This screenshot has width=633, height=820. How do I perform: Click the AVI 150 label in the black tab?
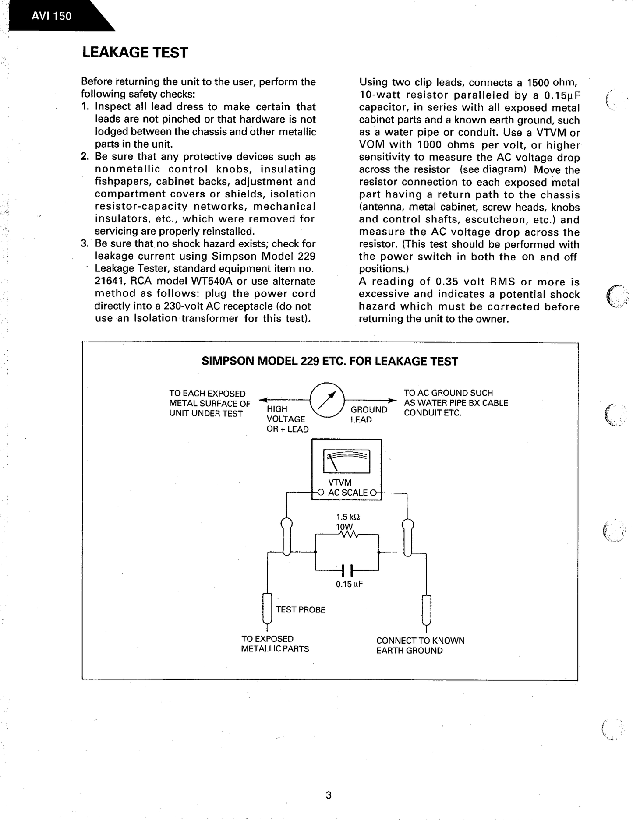pyautogui.click(x=51, y=16)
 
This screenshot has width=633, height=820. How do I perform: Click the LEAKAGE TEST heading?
pyautogui.click(x=135, y=53)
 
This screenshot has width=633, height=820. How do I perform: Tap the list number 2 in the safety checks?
pyautogui.click(x=85, y=157)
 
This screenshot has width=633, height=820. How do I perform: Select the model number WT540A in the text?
pyautogui.click(x=207, y=281)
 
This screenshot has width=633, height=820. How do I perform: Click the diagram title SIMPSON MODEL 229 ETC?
pyautogui.click(x=329, y=361)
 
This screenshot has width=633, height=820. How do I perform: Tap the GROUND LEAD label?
pyautogui.click(x=368, y=415)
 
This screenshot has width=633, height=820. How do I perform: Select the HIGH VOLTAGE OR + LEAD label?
pyautogui.click(x=287, y=419)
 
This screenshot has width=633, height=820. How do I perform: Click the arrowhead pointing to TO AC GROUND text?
pyautogui.click(x=393, y=400)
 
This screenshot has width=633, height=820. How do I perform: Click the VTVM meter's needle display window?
pyautogui.click(x=347, y=461)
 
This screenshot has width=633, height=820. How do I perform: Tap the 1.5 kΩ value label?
pyautogui.click(x=348, y=517)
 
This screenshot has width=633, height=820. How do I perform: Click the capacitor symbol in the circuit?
pyautogui.click(x=347, y=570)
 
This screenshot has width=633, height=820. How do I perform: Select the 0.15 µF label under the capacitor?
pyautogui.click(x=349, y=584)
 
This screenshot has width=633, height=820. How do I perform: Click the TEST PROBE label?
pyautogui.click(x=301, y=610)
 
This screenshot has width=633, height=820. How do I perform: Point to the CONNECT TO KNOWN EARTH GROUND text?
pyautogui.click(x=420, y=645)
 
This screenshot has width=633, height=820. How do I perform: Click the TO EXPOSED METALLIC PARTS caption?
pyautogui.click(x=275, y=644)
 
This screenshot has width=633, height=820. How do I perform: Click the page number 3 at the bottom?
pyautogui.click(x=329, y=795)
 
